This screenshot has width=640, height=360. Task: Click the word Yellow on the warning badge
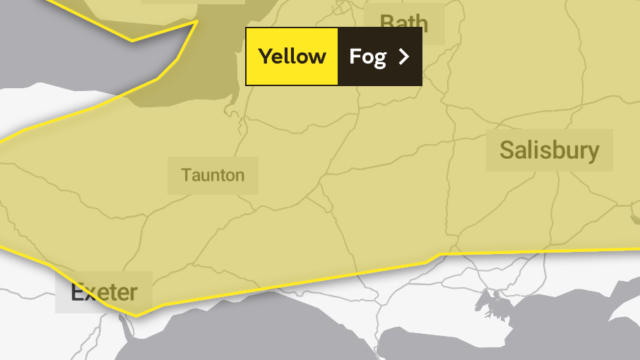pos(292,56)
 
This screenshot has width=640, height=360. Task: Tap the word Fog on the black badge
pos(367,56)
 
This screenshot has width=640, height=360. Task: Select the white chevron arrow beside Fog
pos(404,56)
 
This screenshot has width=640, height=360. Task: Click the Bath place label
pos(404,21)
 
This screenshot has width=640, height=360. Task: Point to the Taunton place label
pos(213,175)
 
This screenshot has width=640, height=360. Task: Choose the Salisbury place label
pos(549,150)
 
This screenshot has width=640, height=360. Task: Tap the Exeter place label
pos(103,292)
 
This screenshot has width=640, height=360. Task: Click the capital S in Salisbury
pos(506,150)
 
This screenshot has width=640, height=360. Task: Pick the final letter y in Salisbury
pos(593,152)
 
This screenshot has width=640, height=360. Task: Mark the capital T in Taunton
pos(186,175)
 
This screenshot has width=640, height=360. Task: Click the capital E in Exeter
pos(77,292)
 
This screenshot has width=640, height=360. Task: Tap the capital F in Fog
pos(355,56)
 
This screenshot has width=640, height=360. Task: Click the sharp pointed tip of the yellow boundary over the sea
pos(196,21)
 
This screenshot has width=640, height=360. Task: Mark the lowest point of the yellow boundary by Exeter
pos(136,316)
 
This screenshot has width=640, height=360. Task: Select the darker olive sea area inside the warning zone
pos(205,78)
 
